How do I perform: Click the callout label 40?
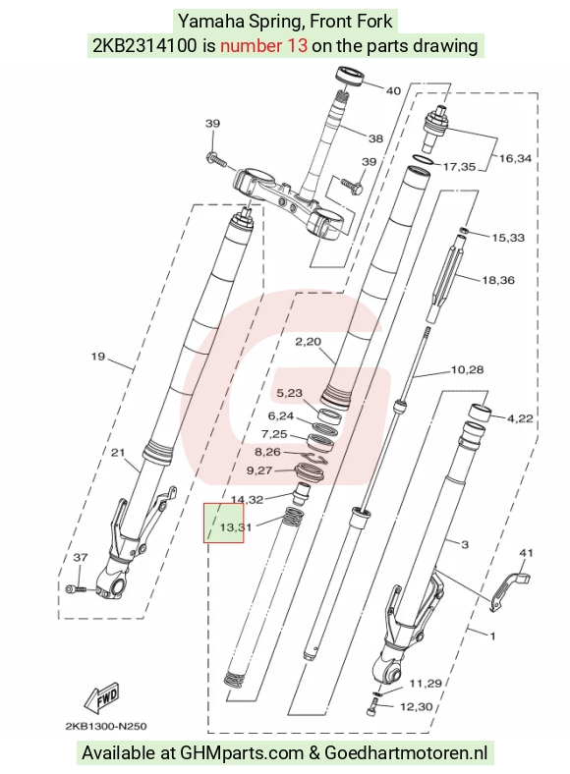(393, 90)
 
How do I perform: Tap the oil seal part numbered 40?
(351, 77)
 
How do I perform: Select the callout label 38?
(375, 138)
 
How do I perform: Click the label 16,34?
(515, 158)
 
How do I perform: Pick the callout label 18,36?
(498, 280)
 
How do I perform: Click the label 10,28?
(467, 369)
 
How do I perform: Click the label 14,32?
(247, 500)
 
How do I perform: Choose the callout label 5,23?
(290, 393)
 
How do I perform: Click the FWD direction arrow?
(102, 697)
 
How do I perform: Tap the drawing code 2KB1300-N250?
(106, 726)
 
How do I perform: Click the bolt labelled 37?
(76, 588)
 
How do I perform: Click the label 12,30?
(416, 707)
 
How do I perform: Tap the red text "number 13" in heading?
(263, 45)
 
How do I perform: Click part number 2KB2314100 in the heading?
(144, 45)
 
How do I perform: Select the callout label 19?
(98, 356)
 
